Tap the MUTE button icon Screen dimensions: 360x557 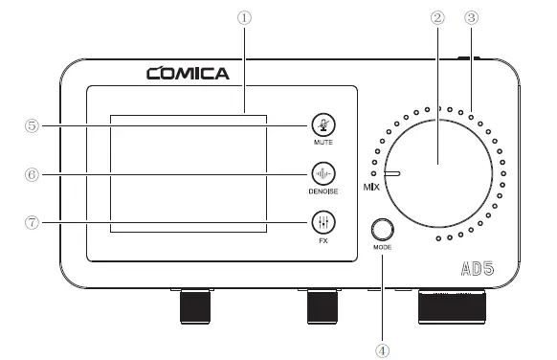323,125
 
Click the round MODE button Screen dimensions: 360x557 383,230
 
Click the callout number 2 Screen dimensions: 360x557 439,18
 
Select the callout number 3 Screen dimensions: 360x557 470,18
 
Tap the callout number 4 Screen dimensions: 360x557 383,349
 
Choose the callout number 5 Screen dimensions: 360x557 33,125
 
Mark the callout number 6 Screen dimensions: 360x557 33,174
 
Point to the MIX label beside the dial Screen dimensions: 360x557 370,186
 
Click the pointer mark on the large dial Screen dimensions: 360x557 392,174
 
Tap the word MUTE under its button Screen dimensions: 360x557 323,143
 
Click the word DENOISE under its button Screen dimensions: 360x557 323,191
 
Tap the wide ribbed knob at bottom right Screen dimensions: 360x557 455,308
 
